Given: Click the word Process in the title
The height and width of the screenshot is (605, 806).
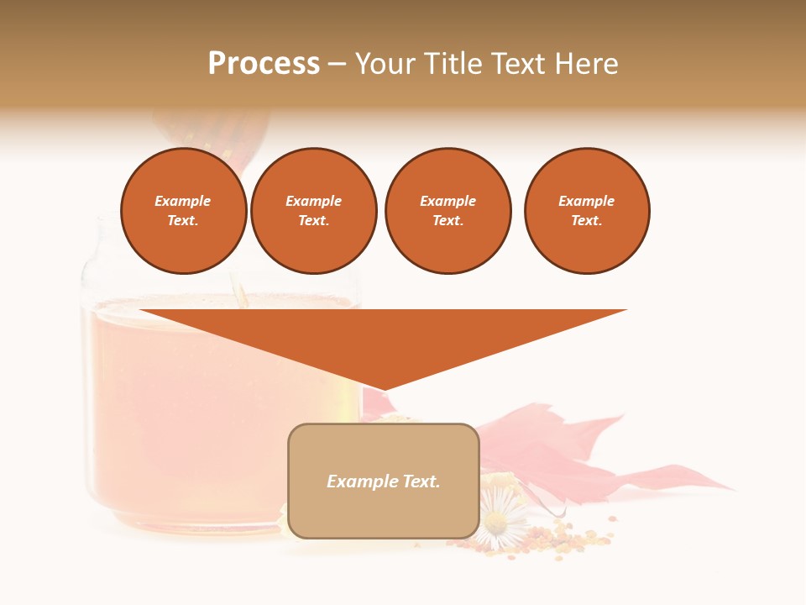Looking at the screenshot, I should click(264, 63).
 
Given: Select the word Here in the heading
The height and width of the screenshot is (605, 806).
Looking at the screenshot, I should click(586, 63).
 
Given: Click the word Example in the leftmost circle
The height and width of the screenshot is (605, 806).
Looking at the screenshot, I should click(183, 201).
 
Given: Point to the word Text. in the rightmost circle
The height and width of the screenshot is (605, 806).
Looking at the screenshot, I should click(587, 220).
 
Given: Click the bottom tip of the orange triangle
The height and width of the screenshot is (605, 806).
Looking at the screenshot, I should click(384, 388).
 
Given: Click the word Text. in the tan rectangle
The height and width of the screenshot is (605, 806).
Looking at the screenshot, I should click(421, 481).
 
